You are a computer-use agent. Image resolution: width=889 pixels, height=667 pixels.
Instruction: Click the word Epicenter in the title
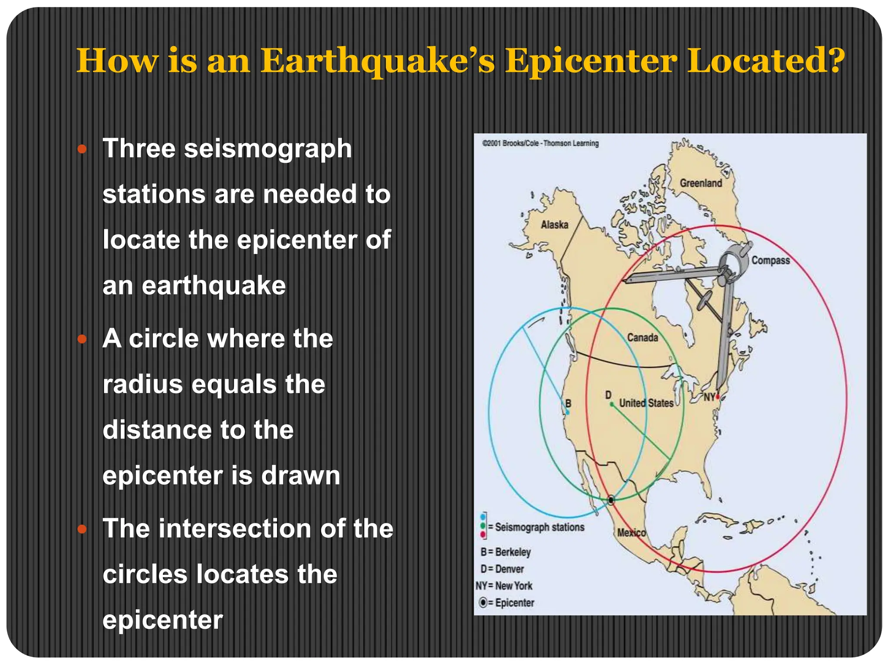tap(591, 61)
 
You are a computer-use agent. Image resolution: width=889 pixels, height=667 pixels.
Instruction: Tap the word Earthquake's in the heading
tap(378, 61)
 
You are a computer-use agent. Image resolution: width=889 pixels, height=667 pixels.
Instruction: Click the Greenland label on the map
tap(701, 183)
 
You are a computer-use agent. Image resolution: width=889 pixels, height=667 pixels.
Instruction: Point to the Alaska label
tap(554, 225)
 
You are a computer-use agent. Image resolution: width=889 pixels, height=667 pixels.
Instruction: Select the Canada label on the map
tap(642, 337)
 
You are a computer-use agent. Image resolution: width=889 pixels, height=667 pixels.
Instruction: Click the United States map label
tap(646, 403)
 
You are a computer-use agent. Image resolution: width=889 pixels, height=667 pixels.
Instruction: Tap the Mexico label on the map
tap(632, 532)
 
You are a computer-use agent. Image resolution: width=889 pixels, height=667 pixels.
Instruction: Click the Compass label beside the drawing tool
tap(770, 260)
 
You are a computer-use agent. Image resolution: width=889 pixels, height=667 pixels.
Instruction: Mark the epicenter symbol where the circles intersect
tap(611, 500)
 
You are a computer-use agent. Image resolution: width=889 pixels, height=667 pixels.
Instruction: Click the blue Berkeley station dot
tap(567, 412)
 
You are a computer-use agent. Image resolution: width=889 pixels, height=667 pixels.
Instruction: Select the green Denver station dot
tap(612, 404)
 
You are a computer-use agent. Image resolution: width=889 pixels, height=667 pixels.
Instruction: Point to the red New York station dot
tap(718, 396)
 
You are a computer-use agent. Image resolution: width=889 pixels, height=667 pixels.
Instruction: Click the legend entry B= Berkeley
tap(506, 552)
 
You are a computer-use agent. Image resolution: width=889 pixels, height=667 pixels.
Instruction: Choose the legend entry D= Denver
tap(502, 569)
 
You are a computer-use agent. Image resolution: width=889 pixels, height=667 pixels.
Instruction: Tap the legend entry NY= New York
tap(504, 586)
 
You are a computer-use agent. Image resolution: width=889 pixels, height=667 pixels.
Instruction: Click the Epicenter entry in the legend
tap(507, 603)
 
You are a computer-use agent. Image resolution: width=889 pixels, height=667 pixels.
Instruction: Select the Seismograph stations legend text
tap(540, 527)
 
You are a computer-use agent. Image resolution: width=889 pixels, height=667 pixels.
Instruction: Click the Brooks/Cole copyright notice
tap(540, 143)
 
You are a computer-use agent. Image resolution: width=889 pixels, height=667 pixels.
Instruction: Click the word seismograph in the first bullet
tap(268, 149)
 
